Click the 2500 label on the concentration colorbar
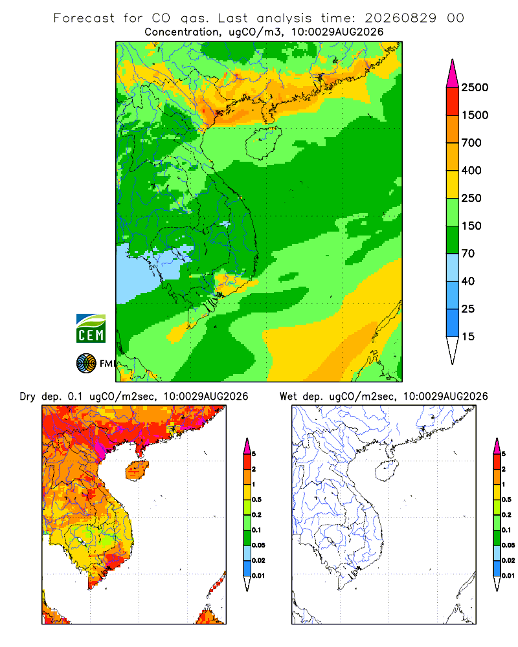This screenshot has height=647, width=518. (x=475, y=87)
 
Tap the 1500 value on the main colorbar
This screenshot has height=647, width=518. (x=475, y=115)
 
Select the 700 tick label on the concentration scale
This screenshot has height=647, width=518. (x=471, y=143)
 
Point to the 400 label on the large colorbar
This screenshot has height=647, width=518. (x=471, y=170)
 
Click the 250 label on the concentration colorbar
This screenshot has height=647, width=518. (x=471, y=198)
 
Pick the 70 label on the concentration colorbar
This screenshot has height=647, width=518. (x=468, y=254)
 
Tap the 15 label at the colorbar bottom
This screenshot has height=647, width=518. (x=468, y=336)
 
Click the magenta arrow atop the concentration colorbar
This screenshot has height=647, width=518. (x=453, y=74)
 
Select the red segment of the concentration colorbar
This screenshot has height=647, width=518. (x=453, y=102)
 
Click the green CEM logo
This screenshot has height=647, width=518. (x=91, y=329)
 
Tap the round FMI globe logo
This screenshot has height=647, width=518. (x=86, y=364)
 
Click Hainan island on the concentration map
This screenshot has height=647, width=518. (x=263, y=142)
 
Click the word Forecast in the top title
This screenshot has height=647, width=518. (x=84, y=18)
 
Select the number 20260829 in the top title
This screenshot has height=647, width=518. (x=400, y=18)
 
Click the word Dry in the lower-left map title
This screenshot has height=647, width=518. (x=28, y=397)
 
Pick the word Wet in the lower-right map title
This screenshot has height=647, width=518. (x=288, y=397)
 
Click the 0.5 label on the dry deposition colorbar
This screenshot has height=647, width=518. (x=256, y=499)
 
